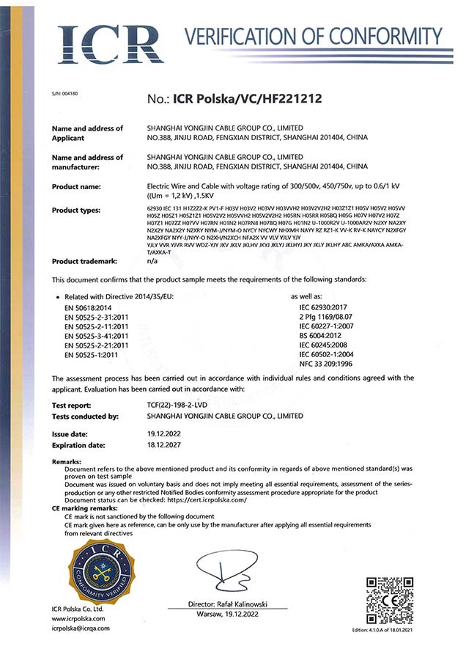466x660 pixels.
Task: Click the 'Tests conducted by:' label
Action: [x=86, y=416]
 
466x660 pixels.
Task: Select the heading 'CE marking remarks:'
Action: [x=84, y=507]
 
